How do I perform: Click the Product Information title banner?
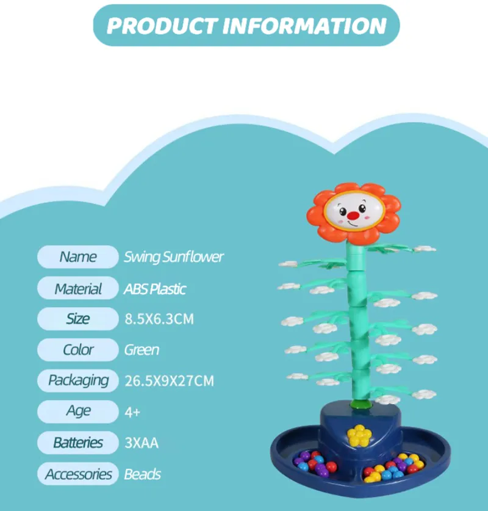pos(246,26)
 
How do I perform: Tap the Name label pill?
pos(78,257)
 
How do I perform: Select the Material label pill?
pos(78,288)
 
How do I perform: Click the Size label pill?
pos(78,319)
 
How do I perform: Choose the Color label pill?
pos(78,350)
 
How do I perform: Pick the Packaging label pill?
pos(78,381)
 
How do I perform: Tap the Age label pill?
pos(78,411)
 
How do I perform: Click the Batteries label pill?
pos(78,443)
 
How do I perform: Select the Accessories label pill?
pos(78,474)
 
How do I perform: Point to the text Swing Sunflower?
pos(174,257)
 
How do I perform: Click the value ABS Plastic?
pos(155,289)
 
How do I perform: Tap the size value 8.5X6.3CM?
pos(159,319)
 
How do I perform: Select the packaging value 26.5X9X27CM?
pos(169,381)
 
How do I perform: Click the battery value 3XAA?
pos(141,443)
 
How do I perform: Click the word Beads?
pos(142,474)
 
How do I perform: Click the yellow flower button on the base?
pos(359,435)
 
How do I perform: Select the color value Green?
pos(142,350)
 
